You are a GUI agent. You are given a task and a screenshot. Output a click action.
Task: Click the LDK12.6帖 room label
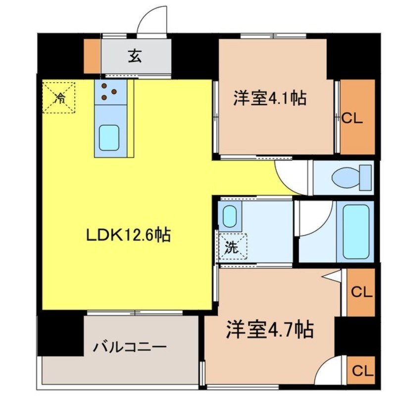[x=129, y=235]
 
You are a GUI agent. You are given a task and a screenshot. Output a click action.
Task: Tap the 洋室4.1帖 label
[x=270, y=98]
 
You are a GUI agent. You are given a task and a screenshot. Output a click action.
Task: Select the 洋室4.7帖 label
[x=270, y=329]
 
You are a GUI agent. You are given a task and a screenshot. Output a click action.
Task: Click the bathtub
[x=356, y=230]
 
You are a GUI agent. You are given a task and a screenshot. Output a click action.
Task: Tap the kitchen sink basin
[x=109, y=137]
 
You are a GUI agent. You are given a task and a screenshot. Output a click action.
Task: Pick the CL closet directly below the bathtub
[x=361, y=292]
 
